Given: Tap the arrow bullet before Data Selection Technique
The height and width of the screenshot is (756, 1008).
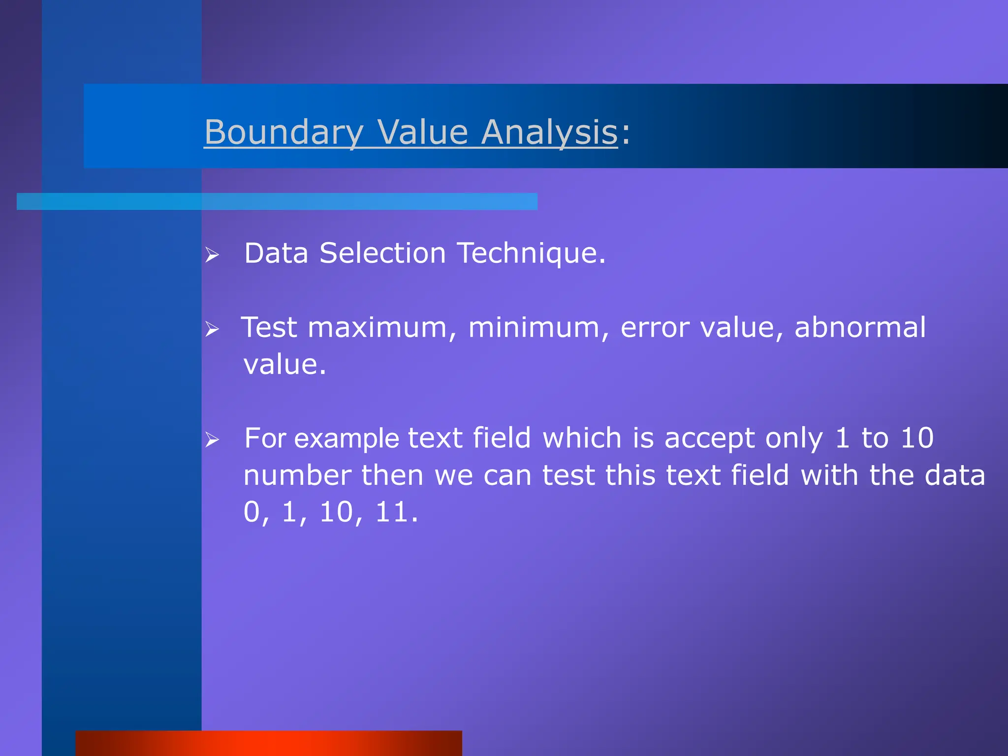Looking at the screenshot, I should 212,255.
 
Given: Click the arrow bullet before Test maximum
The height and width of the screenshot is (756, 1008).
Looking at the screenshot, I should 212,329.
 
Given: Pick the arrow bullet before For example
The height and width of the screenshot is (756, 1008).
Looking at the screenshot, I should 212,440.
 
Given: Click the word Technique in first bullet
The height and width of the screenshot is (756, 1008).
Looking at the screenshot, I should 532,253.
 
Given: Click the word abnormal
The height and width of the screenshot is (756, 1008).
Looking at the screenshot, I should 860,328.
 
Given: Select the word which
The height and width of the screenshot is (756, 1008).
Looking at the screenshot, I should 582,438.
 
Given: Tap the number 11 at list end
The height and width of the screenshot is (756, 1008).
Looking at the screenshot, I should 392,512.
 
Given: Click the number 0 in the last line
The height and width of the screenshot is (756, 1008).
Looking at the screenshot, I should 252,512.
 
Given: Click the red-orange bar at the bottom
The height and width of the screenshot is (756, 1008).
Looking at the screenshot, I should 269,743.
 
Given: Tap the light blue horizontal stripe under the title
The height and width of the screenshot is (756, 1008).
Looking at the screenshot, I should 277,201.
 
